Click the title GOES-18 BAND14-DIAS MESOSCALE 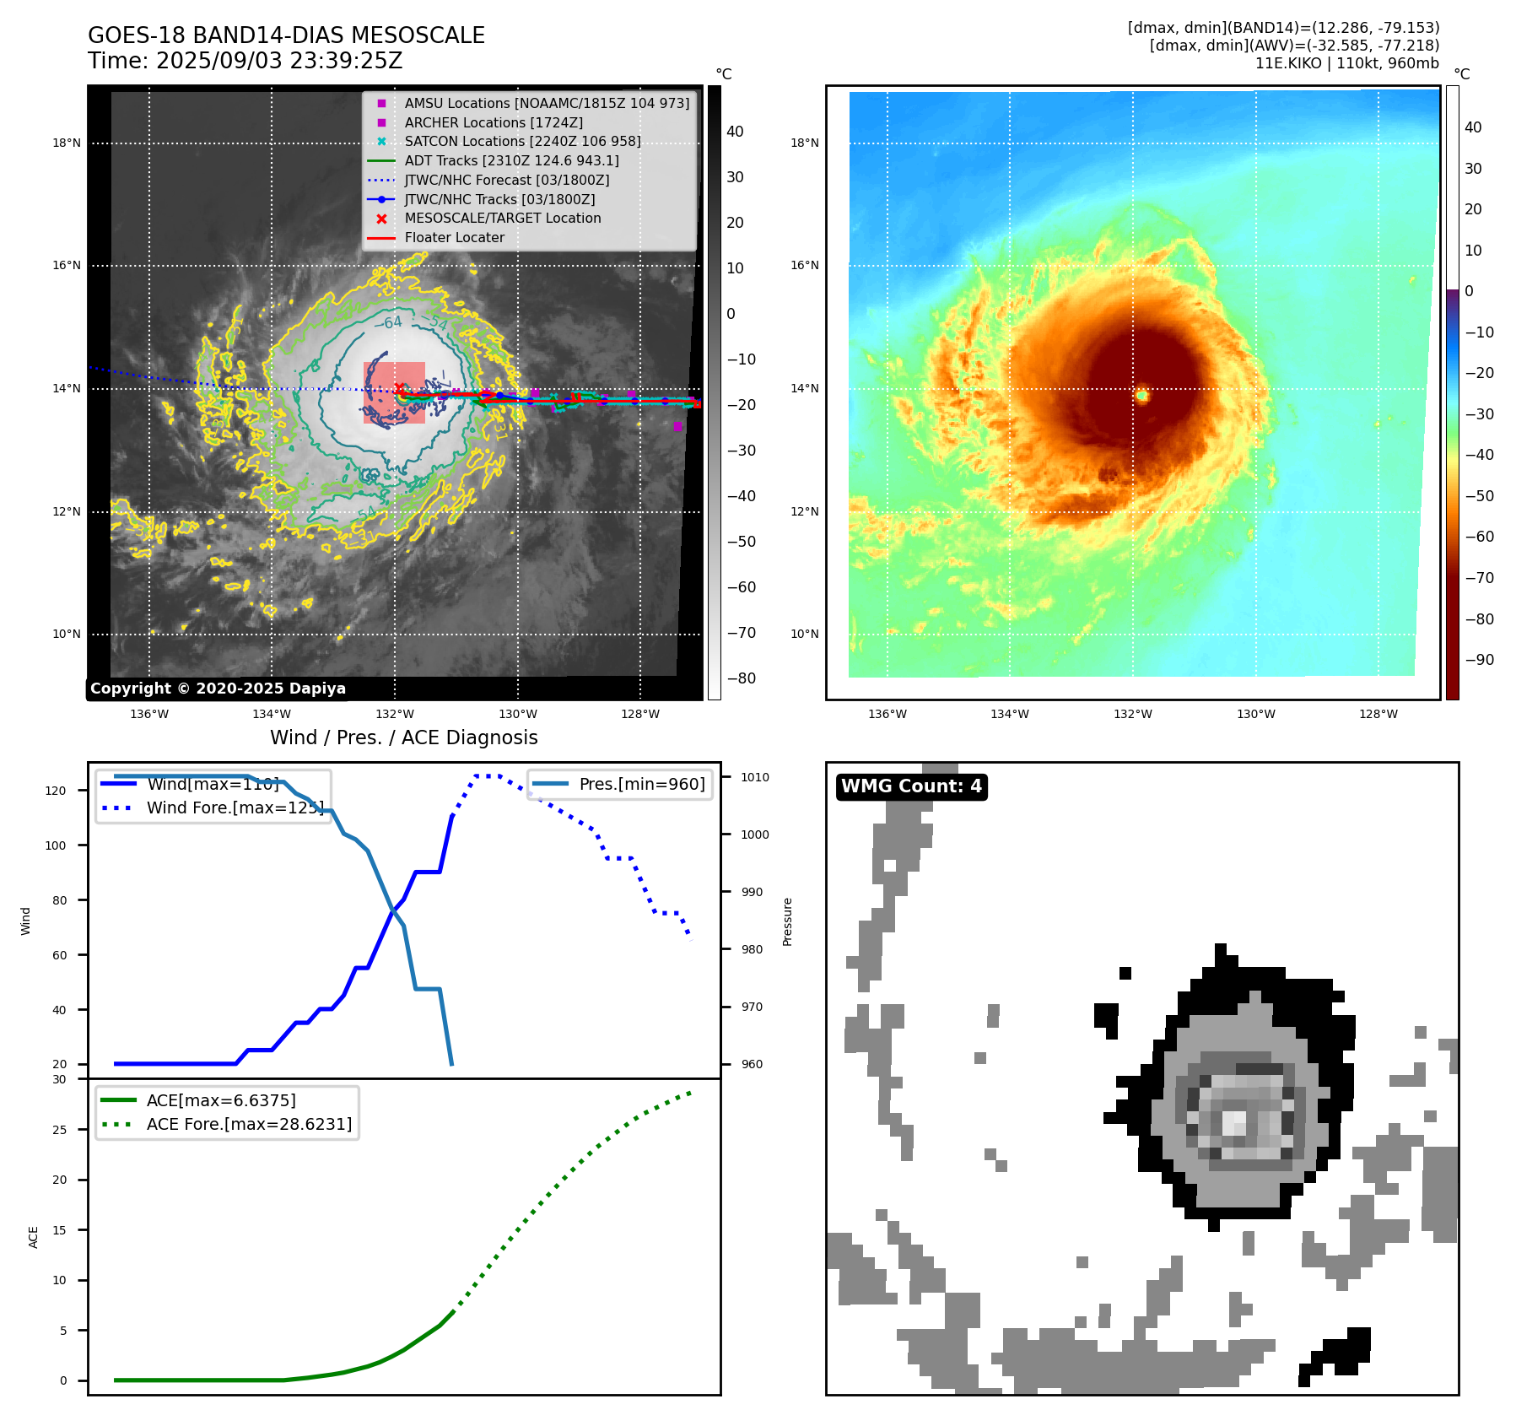286,35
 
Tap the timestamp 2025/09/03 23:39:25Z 279,62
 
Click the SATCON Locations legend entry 522,142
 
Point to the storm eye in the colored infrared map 1142,395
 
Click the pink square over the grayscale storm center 394,392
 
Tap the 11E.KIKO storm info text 1346,63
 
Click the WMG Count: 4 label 911,786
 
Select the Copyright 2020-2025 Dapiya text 218,689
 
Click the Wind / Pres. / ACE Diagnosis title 403,737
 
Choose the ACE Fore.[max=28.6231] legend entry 249,1124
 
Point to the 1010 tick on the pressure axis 755,777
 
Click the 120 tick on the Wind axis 56,791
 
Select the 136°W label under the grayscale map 149,714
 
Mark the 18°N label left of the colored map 804,143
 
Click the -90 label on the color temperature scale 1479,660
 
